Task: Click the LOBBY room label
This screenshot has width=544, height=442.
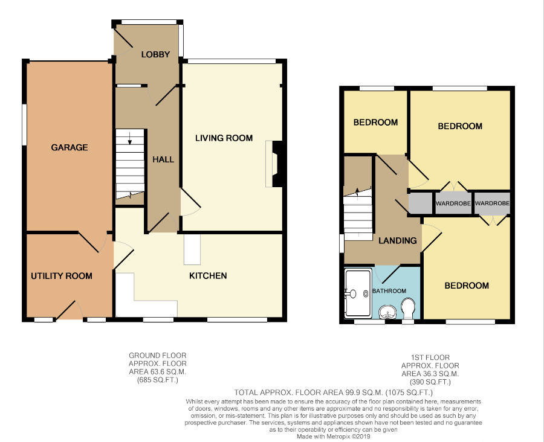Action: pyautogui.click(x=155, y=54)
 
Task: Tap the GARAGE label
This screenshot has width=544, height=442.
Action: pyautogui.click(x=70, y=147)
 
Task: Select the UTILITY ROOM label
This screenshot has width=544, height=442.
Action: pyautogui.click(x=62, y=276)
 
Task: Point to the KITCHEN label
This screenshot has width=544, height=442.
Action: pyautogui.click(x=208, y=275)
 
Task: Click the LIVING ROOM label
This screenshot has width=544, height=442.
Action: pyautogui.click(x=224, y=138)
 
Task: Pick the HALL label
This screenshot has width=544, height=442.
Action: pyautogui.click(x=163, y=159)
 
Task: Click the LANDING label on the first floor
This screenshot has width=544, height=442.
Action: pyautogui.click(x=398, y=240)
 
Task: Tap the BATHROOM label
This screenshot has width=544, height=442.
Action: pyautogui.click(x=389, y=291)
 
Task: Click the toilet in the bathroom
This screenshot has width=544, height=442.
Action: pyautogui.click(x=407, y=309)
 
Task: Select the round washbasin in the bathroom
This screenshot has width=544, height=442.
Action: pyautogui.click(x=387, y=312)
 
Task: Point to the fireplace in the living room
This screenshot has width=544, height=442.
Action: pyautogui.click(x=274, y=164)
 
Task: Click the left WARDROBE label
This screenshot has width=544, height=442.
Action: pyautogui.click(x=453, y=203)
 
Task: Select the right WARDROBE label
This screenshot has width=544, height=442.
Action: pyautogui.click(x=492, y=203)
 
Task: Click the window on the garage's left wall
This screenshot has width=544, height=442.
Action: pyautogui.click(x=24, y=124)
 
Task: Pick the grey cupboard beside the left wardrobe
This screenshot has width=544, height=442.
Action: pyautogui.click(x=421, y=203)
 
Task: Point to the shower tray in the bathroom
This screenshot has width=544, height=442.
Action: pyautogui.click(x=358, y=293)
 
